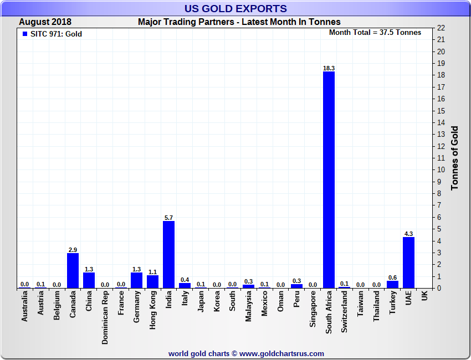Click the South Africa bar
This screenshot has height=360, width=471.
tap(329, 180)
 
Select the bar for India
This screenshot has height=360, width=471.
tap(168, 255)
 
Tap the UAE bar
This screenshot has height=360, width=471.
tap(408, 263)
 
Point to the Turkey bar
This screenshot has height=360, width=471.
tap(392, 284)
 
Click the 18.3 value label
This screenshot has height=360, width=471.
tap(329, 68)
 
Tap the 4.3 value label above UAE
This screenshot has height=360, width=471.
tap(408, 234)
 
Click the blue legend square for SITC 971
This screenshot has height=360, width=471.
tap(25, 34)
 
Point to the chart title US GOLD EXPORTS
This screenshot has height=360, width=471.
tap(235, 8)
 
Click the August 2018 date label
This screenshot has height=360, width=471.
tap(45, 22)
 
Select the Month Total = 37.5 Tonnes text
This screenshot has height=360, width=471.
tap(375, 32)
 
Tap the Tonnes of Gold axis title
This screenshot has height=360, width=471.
tap(455, 158)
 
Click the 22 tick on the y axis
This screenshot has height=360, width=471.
tap(441, 28)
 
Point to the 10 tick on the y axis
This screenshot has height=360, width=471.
tap(441, 170)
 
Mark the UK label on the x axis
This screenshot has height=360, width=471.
tap(424, 296)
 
